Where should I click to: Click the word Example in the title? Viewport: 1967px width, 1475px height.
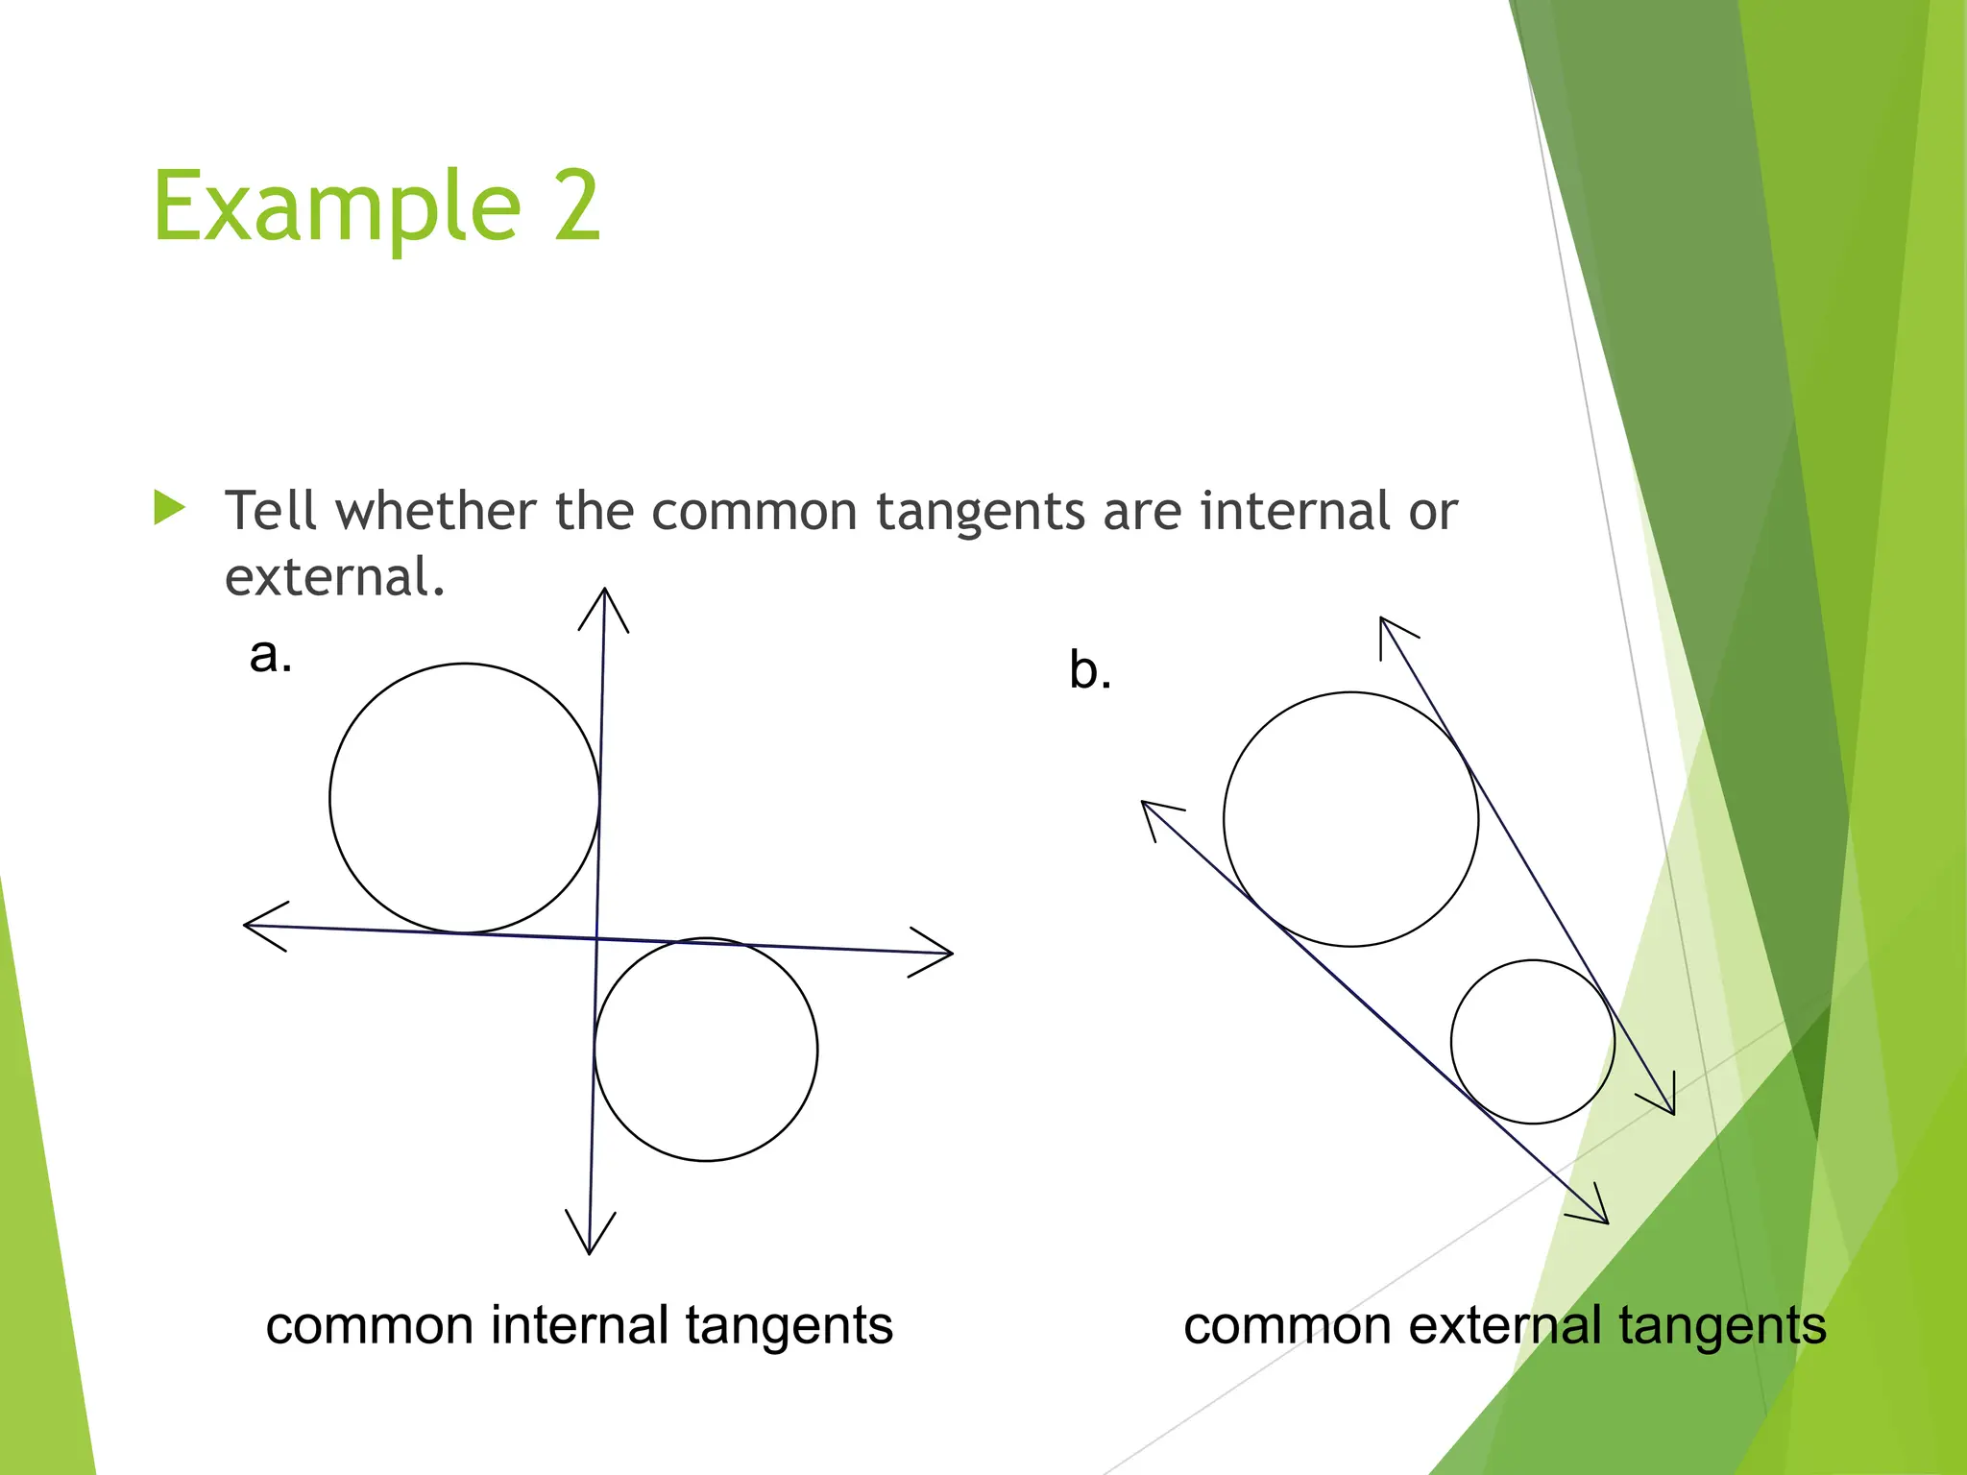click(336, 206)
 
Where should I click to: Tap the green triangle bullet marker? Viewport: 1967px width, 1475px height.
click(169, 508)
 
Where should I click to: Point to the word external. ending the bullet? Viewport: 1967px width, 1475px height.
click(334, 577)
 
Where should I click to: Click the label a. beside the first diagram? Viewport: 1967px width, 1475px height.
click(270, 656)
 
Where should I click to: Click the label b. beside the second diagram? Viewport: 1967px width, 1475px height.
click(1090, 670)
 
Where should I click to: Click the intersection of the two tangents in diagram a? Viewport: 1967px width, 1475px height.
click(596, 938)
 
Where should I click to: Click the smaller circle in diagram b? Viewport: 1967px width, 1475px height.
click(1533, 1042)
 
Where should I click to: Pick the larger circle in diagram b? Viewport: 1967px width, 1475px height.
click(1350, 819)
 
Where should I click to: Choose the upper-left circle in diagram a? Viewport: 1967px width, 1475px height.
click(465, 798)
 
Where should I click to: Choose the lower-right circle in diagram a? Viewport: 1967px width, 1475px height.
click(706, 1050)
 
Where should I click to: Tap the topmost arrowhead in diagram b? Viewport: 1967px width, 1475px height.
click(1389, 630)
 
